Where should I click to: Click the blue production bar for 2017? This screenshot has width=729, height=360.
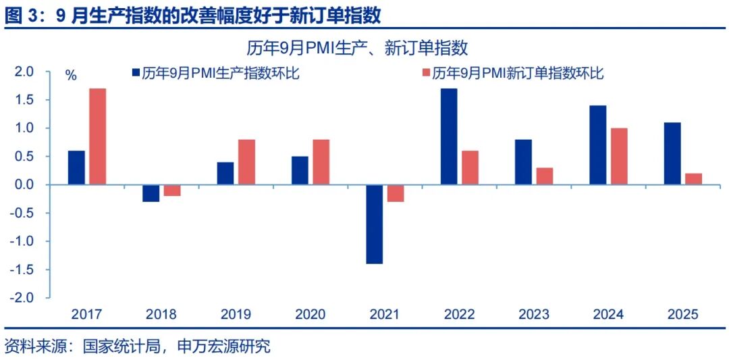76,168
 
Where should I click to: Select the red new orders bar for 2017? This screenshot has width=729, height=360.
98,136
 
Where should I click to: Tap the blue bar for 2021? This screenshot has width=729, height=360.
374,224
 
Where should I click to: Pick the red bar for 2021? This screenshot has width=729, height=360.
396,193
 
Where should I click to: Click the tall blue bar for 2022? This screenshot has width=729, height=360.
448,136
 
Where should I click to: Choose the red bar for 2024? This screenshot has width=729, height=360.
619,156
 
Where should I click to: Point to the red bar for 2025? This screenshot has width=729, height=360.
693,179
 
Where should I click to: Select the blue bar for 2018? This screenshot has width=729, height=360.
151,193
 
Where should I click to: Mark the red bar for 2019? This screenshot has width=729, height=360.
246,162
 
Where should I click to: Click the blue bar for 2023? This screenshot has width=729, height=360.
523,162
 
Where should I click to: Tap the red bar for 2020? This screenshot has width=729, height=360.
321,162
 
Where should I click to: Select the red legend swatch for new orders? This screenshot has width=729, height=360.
425,74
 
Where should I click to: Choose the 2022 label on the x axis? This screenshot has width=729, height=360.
459,315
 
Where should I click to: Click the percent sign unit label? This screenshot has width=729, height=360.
71,75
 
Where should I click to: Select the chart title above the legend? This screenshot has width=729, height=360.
357,48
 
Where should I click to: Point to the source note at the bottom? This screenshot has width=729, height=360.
137,346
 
